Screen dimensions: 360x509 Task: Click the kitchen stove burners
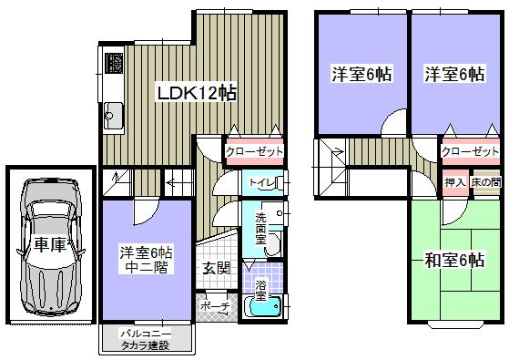(x=117, y=65)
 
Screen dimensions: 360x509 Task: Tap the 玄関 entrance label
(x=216, y=268)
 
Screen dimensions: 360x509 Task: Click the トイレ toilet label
(x=261, y=182)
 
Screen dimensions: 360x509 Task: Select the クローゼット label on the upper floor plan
(x=470, y=151)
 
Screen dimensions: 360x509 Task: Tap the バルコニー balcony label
(x=147, y=334)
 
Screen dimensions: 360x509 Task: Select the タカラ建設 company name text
(x=147, y=347)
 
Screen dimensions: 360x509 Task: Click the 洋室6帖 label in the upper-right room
(x=453, y=76)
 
